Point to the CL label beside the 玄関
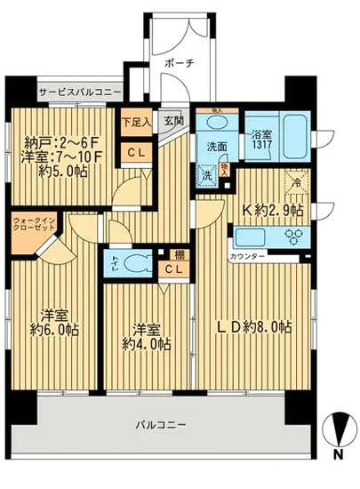point(136,152)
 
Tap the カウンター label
point(248,255)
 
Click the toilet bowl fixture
point(138,262)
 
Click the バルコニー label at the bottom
point(160,425)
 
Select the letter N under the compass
point(339,455)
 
